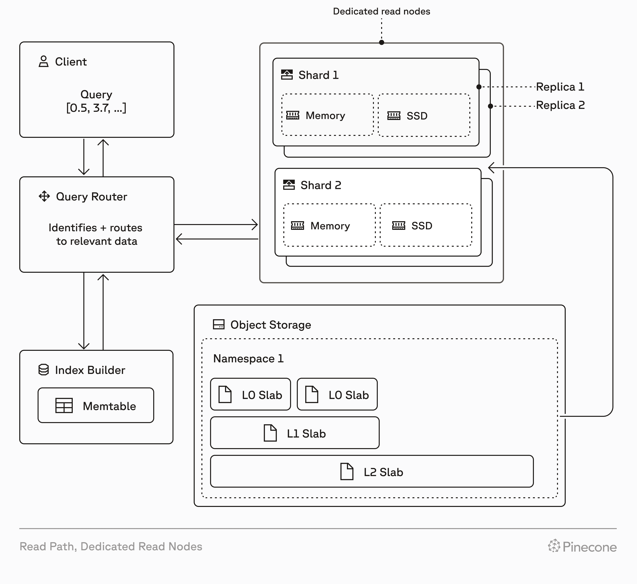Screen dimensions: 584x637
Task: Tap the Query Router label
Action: (91, 197)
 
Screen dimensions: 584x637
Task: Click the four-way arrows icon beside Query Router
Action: (44, 196)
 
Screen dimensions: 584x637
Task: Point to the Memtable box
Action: (96, 405)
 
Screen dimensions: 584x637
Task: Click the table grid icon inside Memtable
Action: (64, 405)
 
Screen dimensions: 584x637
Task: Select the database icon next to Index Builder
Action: (44, 370)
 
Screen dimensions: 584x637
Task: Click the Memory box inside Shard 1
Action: (327, 115)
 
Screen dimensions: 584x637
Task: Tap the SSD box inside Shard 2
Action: (426, 225)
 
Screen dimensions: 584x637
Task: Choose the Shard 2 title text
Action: (320, 185)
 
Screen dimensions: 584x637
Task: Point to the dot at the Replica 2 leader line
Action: (490, 106)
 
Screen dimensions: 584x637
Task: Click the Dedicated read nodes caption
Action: (381, 11)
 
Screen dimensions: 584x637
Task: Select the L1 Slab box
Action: (294, 433)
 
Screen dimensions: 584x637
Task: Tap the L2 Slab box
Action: (372, 471)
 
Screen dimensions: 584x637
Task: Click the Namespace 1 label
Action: (248, 359)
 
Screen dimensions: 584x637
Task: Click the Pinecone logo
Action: (582, 546)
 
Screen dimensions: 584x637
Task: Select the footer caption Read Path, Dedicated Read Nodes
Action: (111, 546)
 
